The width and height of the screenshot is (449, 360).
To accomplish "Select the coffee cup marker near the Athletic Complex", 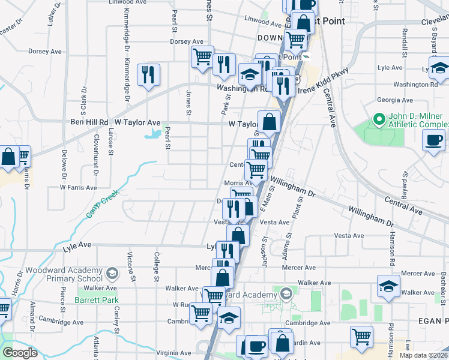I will pos(434,142).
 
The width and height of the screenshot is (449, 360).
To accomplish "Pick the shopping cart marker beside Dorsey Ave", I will pos(203,57).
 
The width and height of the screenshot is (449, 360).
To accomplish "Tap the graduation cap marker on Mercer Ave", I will pos(389,286).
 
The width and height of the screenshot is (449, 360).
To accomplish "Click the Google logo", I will pos(20,353).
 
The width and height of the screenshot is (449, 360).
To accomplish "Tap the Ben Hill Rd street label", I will pos(89,122).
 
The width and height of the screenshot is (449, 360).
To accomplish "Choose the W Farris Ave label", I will pos(78,187).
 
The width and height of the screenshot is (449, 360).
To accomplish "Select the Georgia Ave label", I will pos(394,100).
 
